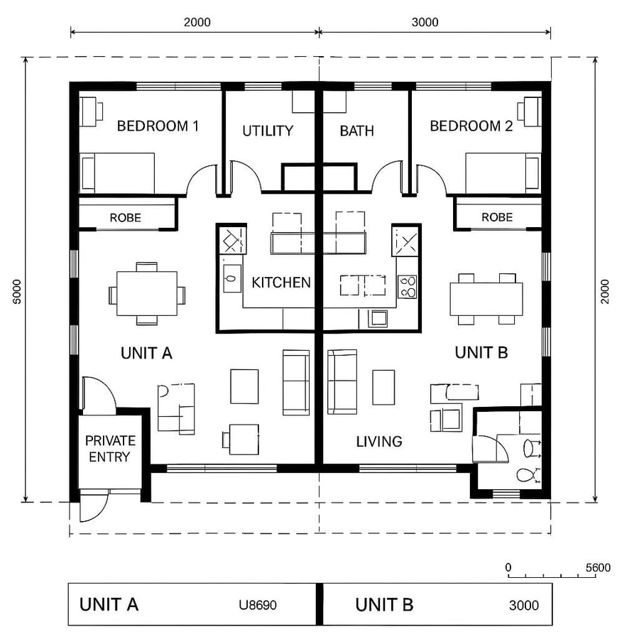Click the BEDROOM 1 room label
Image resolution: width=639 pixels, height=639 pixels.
click(x=158, y=126)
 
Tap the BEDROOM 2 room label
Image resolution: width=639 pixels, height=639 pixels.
click(x=471, y=126)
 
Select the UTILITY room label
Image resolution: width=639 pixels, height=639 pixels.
click(x=268, y=131)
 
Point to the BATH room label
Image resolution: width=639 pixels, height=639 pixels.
click(x=356, y=131)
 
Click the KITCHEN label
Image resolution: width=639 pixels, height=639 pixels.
click(x=281, y=283)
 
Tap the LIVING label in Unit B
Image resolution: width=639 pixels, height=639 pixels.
click(x=379, y=442)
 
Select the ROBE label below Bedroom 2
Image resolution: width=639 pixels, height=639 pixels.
click(x=496, y=217)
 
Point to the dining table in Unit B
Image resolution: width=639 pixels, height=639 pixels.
click(x=486, y=299)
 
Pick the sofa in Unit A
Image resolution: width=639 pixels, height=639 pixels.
click(x=296, y=382)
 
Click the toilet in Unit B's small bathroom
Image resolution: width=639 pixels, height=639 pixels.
click(x=526, y=475)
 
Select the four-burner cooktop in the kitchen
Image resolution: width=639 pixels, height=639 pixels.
click(x=408, y=285)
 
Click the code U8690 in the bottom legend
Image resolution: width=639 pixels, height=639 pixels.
click(x=258, y=606)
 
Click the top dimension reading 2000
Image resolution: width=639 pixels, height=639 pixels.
click(x=197, y=22)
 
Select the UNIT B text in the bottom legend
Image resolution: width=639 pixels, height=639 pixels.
click(x=384, y=605)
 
